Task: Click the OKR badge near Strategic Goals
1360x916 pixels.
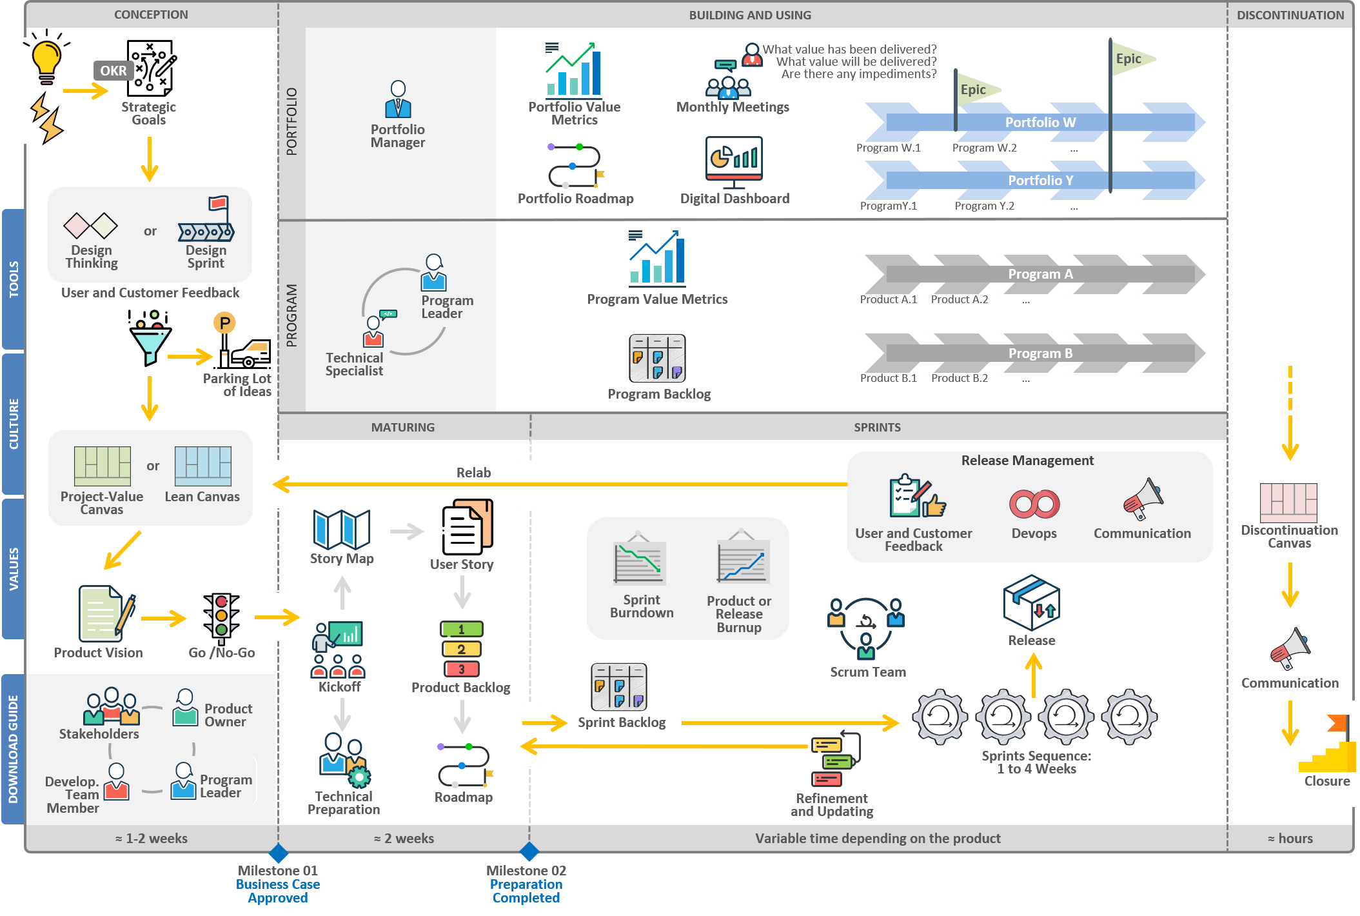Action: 113,71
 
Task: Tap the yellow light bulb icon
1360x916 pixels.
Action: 46,60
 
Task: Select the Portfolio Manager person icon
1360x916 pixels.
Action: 398,99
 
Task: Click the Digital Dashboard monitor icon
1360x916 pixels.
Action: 734,160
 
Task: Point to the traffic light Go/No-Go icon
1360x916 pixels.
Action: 221,617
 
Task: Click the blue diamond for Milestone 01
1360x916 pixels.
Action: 278,853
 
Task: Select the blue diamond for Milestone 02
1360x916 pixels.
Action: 529,851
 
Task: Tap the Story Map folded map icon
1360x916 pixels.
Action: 342,530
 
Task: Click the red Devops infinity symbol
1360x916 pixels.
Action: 1034,504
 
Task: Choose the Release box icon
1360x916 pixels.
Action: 1031,604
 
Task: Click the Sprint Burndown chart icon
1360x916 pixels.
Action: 639,561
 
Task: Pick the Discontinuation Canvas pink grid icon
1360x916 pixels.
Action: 1288,503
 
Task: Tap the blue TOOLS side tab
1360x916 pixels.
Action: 14,279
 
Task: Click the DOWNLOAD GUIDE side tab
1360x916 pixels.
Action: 14,748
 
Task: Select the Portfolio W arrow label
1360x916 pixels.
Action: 1040,123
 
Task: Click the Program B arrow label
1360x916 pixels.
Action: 1040,353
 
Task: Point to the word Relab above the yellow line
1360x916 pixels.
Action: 473,473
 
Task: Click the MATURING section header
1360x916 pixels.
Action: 403,427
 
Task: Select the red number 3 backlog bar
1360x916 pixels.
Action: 461,670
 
